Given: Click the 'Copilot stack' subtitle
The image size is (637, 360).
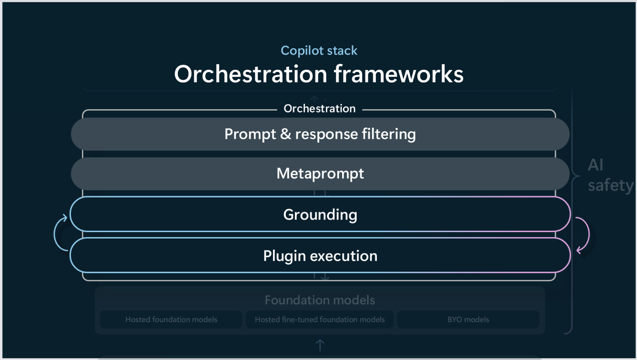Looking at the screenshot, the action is (319, 51).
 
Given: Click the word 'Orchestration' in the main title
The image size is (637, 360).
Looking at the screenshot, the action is (251, 74).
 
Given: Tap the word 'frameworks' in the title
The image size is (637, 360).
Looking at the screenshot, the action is (399, 74).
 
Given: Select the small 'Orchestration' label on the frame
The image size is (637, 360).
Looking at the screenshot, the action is (319, 109).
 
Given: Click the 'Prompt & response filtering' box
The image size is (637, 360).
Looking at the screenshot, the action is (320, 134).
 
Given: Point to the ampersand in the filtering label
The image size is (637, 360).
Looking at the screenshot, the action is (286, 134).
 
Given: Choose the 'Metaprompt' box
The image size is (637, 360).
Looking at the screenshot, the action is (320, 174).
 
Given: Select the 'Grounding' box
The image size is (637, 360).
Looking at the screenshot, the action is (320, 214).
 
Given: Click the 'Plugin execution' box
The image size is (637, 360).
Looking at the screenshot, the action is (320, 255).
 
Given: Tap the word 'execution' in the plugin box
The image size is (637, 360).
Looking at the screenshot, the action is (344, 256).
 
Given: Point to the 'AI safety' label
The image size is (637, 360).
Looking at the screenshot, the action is (610, 175).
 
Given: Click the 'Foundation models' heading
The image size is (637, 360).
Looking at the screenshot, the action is (320, 300).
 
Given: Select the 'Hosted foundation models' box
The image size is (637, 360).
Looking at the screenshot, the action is (171, 319).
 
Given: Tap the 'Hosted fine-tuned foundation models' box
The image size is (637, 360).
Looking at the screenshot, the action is (319, 319).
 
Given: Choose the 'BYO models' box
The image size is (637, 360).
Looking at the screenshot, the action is (468, 319).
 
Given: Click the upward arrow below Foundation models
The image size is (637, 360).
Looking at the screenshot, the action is (320, 345).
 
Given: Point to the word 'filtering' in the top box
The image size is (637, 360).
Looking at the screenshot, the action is (389, 135).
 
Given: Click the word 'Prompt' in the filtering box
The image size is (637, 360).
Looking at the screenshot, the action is (250, 135).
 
